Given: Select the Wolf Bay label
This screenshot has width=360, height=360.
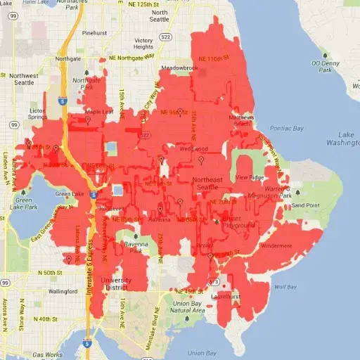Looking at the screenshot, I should [x=285, y=287].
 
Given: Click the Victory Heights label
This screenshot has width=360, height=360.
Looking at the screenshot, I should [x=144, y=44].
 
